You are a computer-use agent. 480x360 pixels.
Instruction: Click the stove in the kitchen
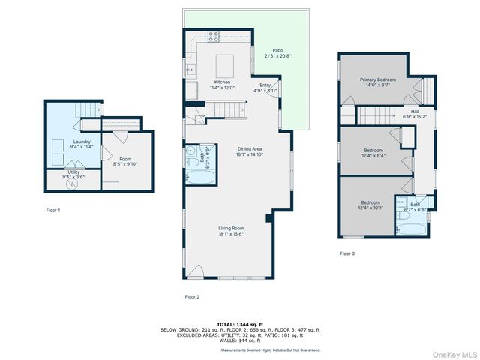214,36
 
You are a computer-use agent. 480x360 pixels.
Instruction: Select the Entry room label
265,88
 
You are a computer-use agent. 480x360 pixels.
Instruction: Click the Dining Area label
250,152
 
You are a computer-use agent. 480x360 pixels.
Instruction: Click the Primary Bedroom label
377,82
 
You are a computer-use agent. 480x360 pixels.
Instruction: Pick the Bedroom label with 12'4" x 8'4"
373,153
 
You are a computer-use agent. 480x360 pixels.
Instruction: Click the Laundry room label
82,144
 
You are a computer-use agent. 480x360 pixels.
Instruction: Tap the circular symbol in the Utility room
57,180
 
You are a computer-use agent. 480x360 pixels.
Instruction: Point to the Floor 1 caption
53,211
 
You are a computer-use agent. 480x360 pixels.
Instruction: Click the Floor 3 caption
347,253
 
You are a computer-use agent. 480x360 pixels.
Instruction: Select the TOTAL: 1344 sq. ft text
239,324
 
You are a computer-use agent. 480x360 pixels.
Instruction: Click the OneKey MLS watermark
454,352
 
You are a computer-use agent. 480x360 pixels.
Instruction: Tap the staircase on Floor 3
383,115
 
